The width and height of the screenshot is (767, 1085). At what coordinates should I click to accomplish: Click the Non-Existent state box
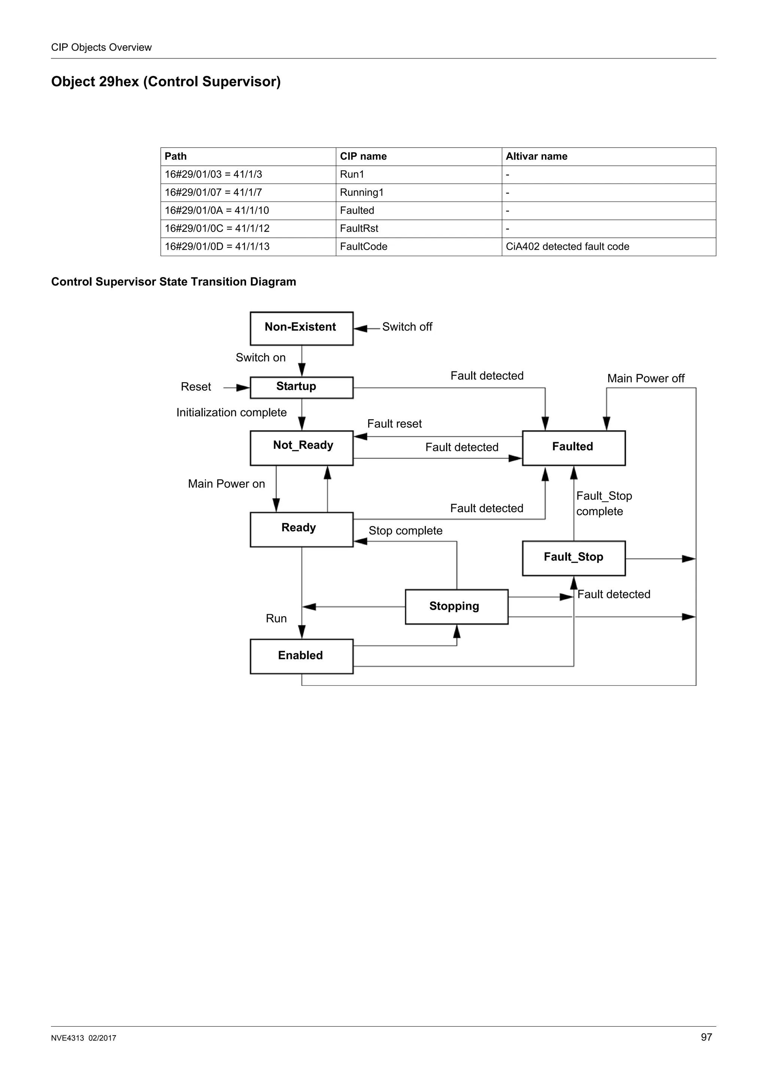301,328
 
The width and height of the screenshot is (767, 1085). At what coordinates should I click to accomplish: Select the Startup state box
301,387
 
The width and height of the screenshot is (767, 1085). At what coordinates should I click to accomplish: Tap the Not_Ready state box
301,447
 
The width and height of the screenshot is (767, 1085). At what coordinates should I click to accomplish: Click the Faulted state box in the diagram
573,447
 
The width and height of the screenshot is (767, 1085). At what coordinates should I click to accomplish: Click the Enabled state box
301,656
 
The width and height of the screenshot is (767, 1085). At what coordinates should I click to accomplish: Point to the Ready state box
301,529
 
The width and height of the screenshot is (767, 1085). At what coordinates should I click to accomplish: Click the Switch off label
407,327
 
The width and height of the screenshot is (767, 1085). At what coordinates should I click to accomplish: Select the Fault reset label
394,424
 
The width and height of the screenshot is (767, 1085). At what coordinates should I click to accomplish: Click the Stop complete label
405,531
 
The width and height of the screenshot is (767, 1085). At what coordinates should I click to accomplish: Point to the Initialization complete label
231,413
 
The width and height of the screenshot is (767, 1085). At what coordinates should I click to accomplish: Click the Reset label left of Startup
195,387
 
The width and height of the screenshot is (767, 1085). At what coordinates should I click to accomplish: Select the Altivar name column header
536,156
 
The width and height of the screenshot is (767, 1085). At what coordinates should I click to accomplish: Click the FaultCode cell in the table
363,247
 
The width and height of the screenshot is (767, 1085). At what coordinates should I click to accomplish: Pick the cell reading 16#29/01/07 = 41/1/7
213,192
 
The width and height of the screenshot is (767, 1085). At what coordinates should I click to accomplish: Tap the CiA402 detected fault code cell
567,247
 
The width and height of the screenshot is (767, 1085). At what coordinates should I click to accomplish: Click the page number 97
706,1037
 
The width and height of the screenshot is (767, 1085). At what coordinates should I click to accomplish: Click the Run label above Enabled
276,619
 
